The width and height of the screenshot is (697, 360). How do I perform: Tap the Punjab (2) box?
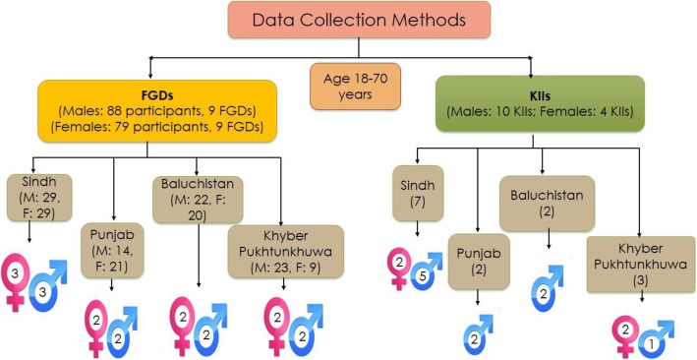click(477, 261)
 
